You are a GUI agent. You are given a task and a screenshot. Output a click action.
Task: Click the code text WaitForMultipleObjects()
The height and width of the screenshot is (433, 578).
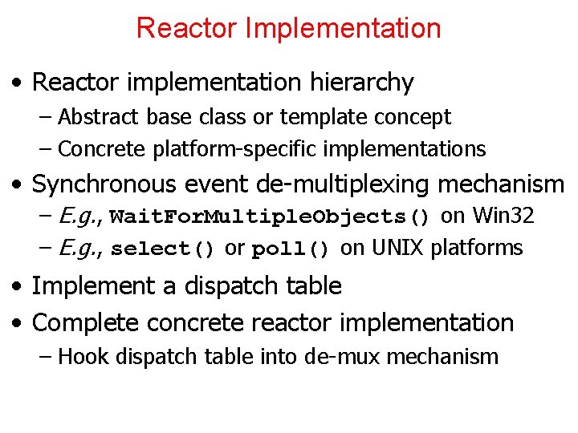tap(271, 217)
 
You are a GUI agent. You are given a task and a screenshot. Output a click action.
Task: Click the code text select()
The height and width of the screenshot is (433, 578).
tap(163, 249)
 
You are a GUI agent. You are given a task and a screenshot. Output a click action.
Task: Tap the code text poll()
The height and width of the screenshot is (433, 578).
tap(291, 249)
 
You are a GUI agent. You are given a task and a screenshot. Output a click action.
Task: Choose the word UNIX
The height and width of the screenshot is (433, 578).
tap(396, 249)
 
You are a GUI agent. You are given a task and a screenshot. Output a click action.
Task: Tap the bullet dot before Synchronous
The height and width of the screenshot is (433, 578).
tap(17, 185)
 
